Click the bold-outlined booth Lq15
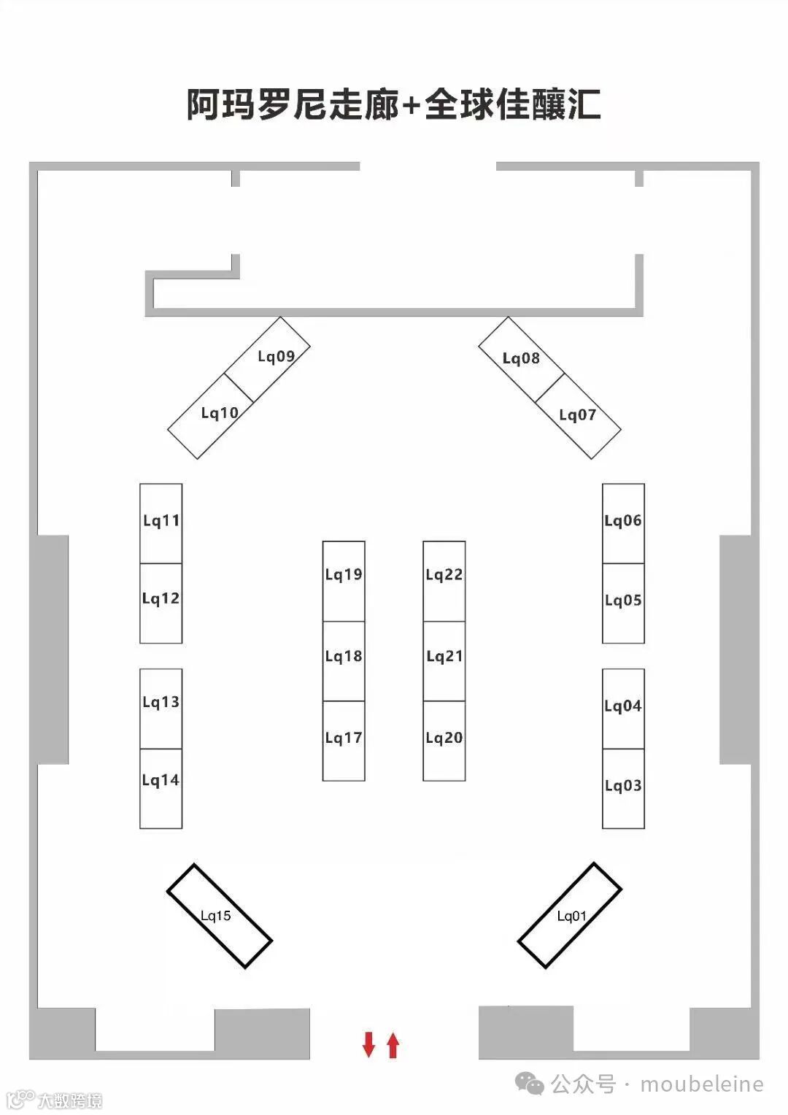tap(219, 916)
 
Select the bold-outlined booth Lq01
tap(570, 916)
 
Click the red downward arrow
tap(368, 1044)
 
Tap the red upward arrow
tap(393, 1045)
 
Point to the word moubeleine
tap(702, 1084)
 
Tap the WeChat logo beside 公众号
tap(530, 1084)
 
